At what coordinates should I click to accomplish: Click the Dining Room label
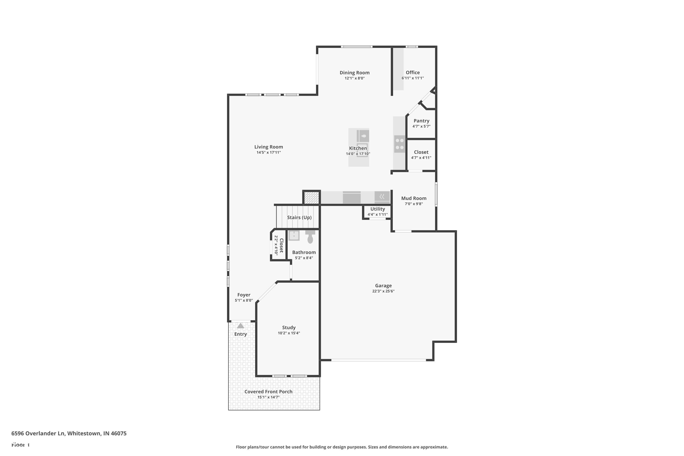(x=355, y=73)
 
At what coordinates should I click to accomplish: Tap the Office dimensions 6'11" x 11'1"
(x=413, y=78)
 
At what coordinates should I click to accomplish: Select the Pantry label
(x=421, y=121)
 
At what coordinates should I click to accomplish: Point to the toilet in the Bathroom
(x=310, y=237)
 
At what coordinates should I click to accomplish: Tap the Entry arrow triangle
(x=241, y=326)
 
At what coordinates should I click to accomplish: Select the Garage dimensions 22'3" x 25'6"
(x=383, y=291)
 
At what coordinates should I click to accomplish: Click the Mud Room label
(x=414, y=198)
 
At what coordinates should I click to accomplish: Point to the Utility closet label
(x=378, y=209)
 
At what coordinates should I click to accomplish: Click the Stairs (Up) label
(x=299, y=218)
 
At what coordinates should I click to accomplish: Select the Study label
(x=289, y=327)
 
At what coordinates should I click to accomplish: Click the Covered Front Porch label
(x=268, y=392)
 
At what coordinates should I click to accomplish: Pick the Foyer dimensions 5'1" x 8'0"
(x=244, y=301)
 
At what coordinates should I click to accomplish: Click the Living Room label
(x=268, y=147)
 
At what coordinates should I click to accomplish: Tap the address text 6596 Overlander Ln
(x=38, y=433)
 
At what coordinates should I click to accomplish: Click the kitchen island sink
(x=363, y=136)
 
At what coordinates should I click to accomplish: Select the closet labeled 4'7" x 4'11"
(x=421, y=155)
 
